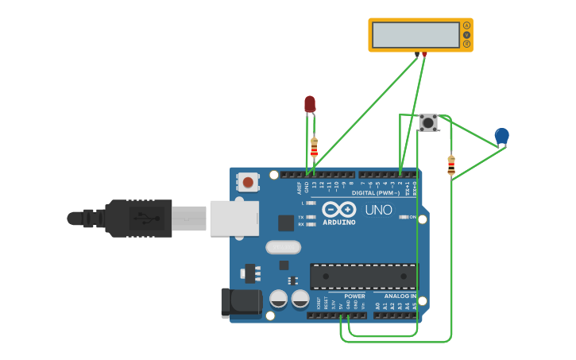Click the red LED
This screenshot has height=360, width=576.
pos(310,104)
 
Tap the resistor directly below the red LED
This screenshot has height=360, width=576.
pos(314,149)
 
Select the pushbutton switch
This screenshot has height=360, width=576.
pos(428,122)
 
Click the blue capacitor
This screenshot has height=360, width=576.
pos(501,136)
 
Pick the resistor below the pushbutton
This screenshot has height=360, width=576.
pos(451,165)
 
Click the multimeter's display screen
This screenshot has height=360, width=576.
pos(415,35)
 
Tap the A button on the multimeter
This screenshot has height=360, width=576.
pos(466,25)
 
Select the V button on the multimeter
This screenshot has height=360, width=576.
pos(466,35)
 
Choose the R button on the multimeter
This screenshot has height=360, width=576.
pos(466,45)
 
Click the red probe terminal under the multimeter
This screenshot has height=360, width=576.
pos(424,54)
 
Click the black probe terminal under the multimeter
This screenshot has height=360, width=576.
pos(417,54)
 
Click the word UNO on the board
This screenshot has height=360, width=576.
pos(378,211)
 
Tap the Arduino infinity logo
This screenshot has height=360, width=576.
pos(339,210)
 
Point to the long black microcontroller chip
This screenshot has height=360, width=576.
pos(363,277)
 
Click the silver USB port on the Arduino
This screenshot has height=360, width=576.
pos(234,218)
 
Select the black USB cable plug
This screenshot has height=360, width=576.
pos(139,218)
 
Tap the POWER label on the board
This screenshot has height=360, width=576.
pos(354,296)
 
